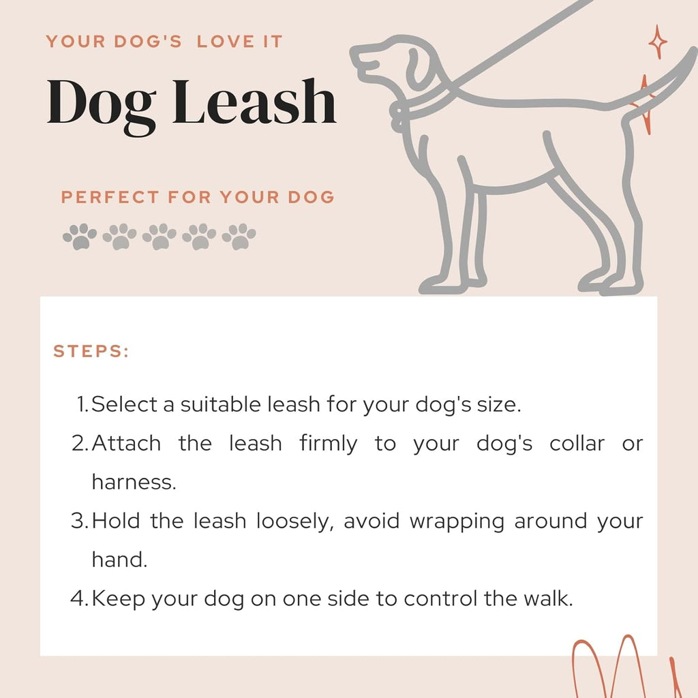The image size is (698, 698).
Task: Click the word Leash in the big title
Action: pos(254,102)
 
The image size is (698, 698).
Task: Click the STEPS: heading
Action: pos(91,352)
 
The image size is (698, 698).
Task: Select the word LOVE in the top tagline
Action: pos(223,42)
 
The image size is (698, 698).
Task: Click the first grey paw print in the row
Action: pos(80,237)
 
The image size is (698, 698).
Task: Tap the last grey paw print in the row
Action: pos(239,237)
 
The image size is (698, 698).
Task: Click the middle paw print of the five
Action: pos(160,237)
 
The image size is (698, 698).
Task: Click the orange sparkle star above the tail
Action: pos(658,42)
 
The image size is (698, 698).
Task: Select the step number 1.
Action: pos(81,404)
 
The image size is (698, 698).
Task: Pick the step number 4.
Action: pos(78,598)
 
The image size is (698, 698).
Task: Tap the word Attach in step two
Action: pos(126,444)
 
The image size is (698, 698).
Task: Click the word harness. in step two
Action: pos(134,482)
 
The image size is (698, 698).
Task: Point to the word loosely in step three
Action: pos(296,521)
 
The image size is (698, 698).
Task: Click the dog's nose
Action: pos(354,53)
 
